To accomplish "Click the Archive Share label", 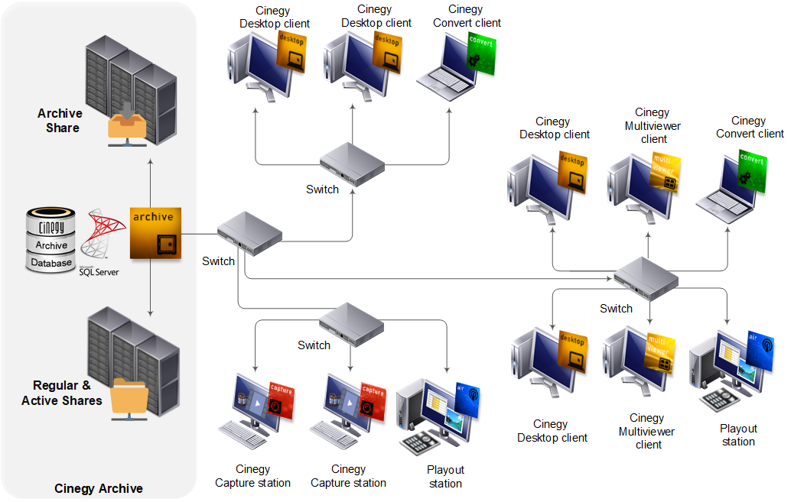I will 60,121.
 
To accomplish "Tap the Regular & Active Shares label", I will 61,393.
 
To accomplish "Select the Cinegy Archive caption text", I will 99,488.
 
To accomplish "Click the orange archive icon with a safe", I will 155,232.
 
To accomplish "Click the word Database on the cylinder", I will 51,263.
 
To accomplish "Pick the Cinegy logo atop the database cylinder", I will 52,225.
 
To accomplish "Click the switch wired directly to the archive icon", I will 249,236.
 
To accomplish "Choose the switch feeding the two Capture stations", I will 350,323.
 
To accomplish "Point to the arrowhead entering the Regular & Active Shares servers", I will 151,313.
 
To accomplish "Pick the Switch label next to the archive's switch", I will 218,261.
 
